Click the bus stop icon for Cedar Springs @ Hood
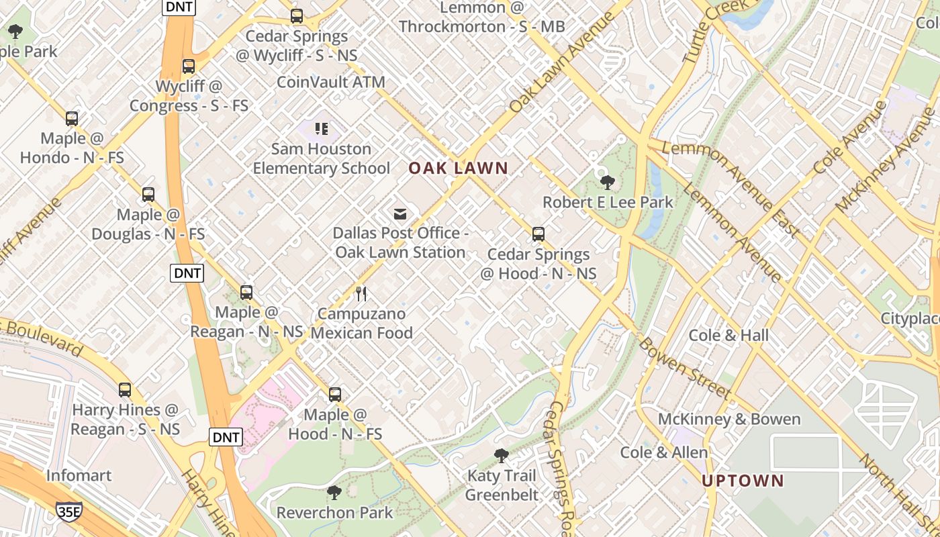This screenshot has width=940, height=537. pos(538,234)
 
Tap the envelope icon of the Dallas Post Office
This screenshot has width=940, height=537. pos(400,214)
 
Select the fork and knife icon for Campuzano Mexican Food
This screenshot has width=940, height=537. pos(361,293)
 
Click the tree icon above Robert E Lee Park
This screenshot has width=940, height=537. pos(608,182)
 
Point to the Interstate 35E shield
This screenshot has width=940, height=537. pos(69,511)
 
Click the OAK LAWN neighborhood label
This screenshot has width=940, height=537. pos(459,168)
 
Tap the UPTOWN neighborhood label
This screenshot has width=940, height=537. pos(743,481)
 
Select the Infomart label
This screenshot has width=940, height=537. pos(79,475)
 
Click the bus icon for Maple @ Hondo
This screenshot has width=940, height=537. pos(72,119)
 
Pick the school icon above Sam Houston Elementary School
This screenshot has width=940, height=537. pos(322,128)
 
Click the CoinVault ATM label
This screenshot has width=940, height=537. pos(331,82)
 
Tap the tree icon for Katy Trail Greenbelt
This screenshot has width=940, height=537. pos(501,456)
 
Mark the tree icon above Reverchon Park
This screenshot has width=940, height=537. pos(334,493)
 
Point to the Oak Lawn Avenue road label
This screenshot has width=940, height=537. pos(561,62)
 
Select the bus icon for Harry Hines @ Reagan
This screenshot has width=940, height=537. pos(125,390)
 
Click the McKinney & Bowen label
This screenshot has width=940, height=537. pos(729,420)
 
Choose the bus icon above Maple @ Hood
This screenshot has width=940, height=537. pos(335,395)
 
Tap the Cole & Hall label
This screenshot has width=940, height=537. pos(728,335)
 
